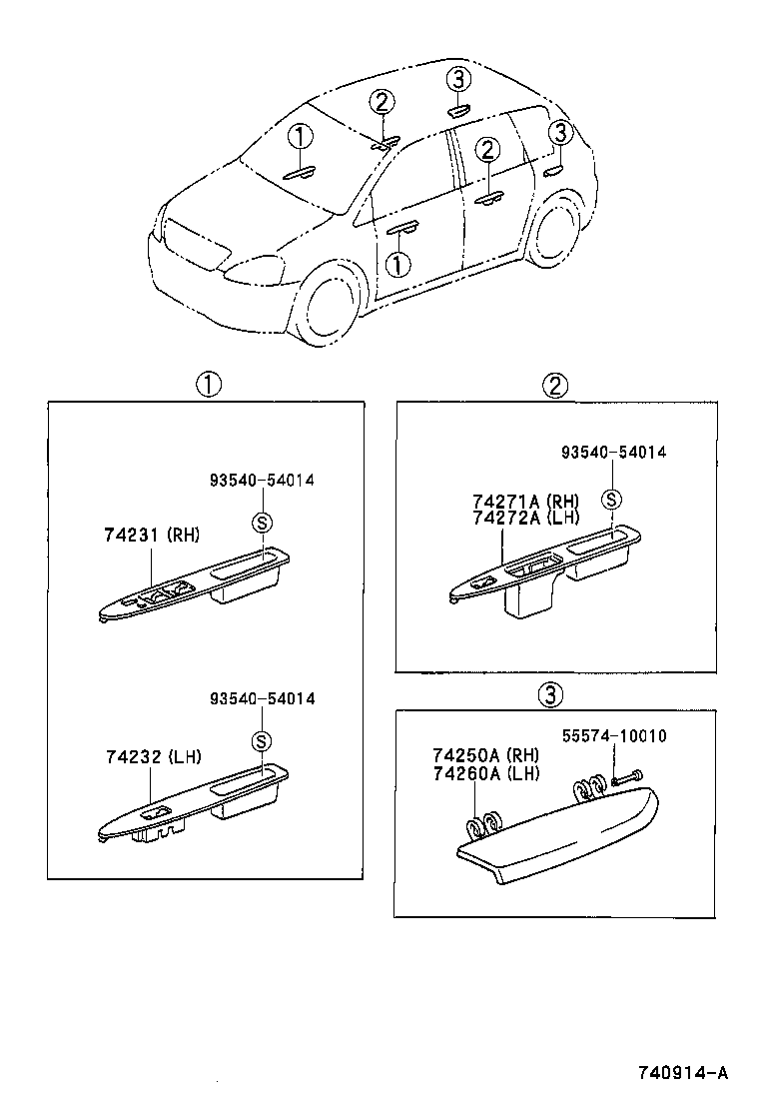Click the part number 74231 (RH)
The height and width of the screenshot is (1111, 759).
pos(151,536)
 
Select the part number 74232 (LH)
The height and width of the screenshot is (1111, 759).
pos(151,757)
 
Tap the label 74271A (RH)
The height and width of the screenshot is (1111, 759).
pos(525,500)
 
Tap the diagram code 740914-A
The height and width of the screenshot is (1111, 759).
pos(683,1074)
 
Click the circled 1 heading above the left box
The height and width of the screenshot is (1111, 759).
pos(207,384)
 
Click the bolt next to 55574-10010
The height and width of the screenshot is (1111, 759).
pos(626,775)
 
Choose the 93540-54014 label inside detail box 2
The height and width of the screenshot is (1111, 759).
pos(611,453)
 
